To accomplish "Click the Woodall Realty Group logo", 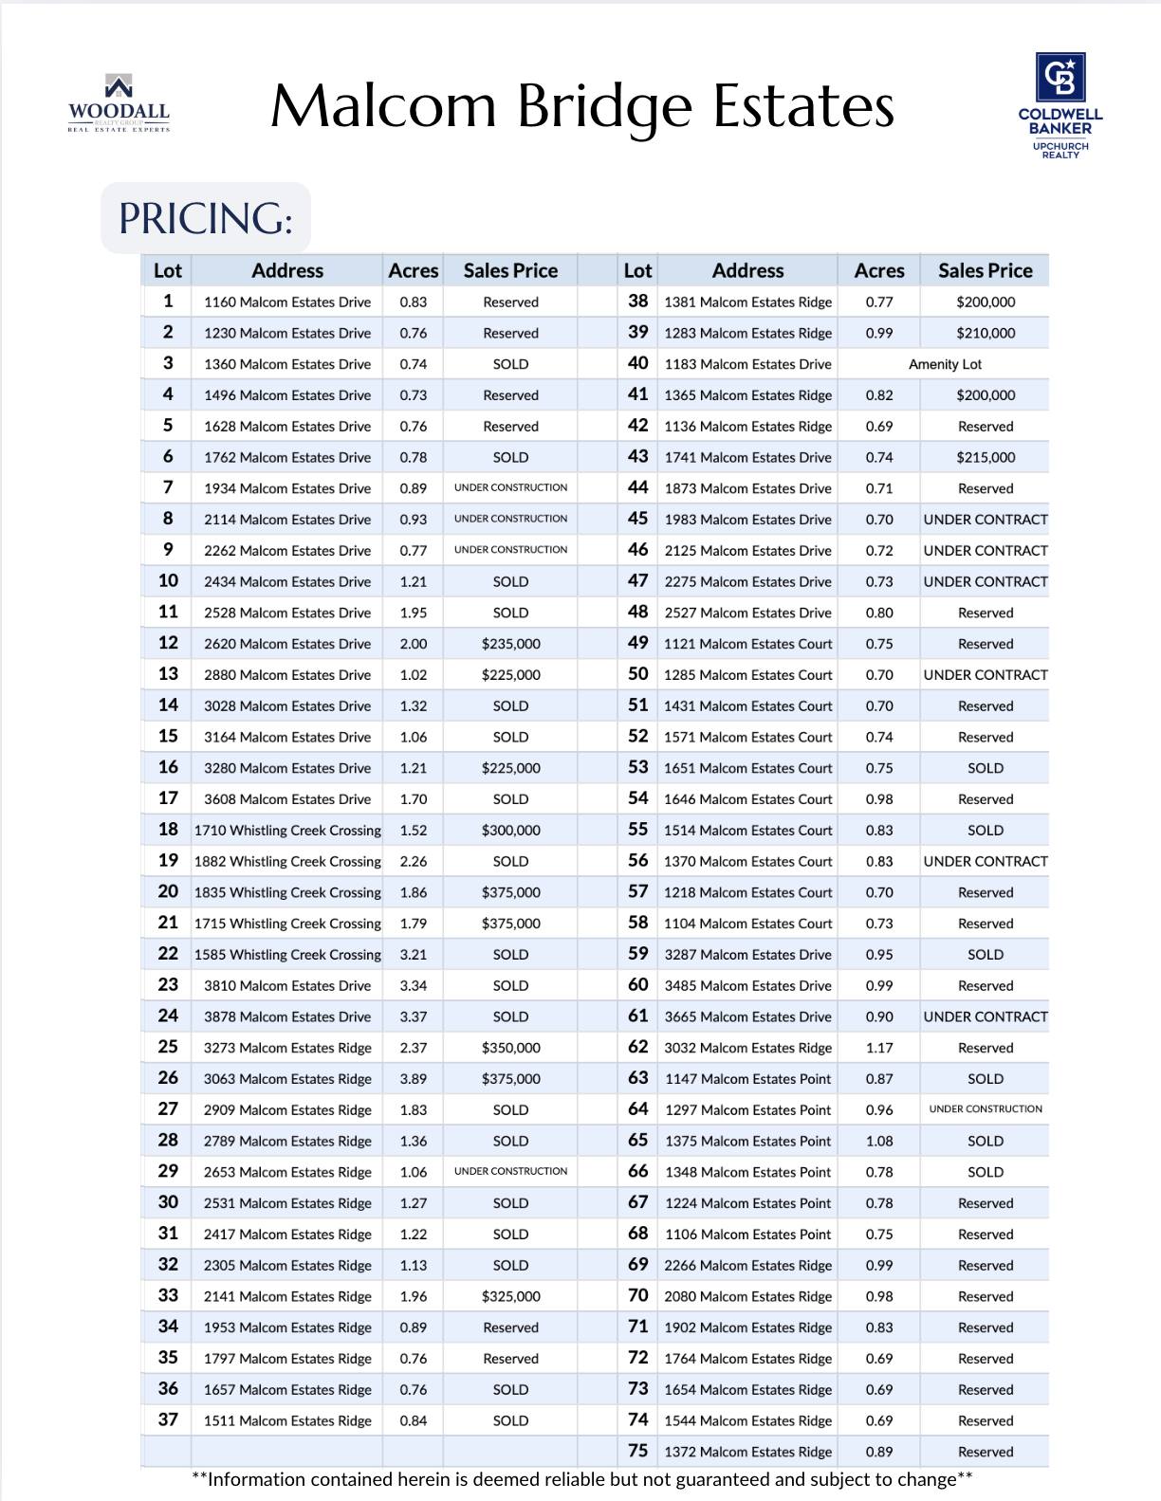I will [x=119, y=103].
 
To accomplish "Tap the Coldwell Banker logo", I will [x=1060, y=105].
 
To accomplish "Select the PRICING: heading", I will [x=206, y=219].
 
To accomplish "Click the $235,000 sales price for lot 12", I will [x=510, y=644].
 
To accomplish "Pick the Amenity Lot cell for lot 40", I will [x=945, y=364].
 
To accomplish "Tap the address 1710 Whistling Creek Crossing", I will [x=287, y=831].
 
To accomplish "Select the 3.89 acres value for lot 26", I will [x=414, y=1079].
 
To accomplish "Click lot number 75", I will [x=637, y=1451].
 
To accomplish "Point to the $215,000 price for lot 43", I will [x=986, y=457].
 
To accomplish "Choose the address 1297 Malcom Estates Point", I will [x=747, y=1110].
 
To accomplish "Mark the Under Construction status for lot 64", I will [x=986, y=1109].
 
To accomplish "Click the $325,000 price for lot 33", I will [x=510, y=1296].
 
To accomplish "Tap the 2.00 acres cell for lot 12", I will [x=414, y=644].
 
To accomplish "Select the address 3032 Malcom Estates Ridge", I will [x=747, y=1048].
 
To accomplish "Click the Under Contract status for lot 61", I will [x=986, y=1016].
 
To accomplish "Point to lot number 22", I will [x=168, y=954].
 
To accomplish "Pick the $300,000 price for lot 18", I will [x=510, y=831].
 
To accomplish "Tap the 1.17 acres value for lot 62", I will [x=879, y=1048].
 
